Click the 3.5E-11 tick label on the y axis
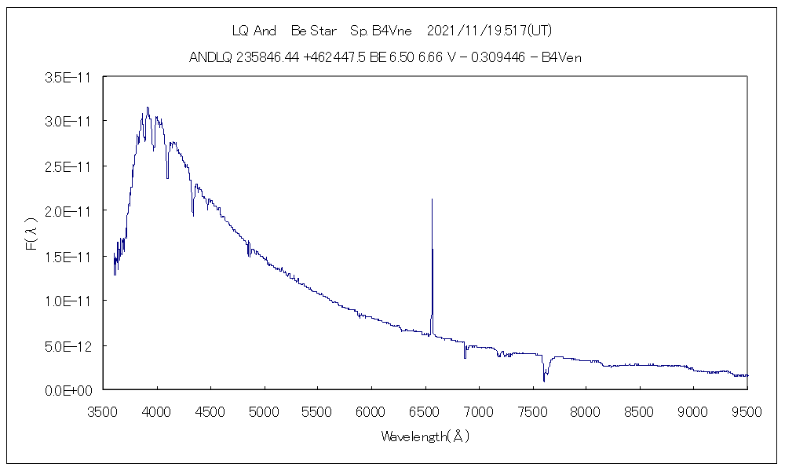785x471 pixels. [x=69, y=77]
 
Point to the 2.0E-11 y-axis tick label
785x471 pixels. [x=69, y=211]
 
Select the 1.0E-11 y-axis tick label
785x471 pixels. [x=69, y=301]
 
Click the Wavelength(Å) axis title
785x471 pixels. [x=425, y=436]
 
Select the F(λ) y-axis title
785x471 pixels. [x=32, y=235]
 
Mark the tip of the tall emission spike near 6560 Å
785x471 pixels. [x=432, y=199]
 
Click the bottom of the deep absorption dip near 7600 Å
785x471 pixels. [x=544, y=381]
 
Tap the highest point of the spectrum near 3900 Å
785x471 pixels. [x=148, y=108]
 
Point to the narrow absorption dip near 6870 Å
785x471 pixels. [x=465, y=357]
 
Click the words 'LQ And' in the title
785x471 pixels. [x=254, y=31]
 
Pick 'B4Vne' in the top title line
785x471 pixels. [x=392, y=31]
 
